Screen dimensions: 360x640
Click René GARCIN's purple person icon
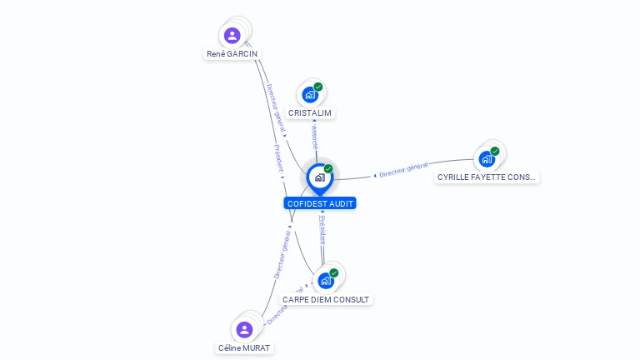tap(232, 35)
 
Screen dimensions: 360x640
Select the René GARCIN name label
tap(232, 54)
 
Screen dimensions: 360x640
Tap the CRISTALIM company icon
tap(310, 95)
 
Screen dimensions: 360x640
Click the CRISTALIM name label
tap(310, 113)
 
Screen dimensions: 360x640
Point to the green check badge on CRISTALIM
tap(318, 87)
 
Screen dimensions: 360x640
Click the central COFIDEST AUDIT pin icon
tap(319, 177)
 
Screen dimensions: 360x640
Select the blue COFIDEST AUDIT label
tap(320, 203)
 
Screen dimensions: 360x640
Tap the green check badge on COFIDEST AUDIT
tap(328, 168)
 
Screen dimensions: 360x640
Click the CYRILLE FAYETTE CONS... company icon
tap(487, 159)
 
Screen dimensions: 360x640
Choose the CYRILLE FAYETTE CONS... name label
tap(487, 177)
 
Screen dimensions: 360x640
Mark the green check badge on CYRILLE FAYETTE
tap(495, 151)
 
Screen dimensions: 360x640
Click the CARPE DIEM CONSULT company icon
tap(326, 281)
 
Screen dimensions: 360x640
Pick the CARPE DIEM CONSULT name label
tap(326, 299)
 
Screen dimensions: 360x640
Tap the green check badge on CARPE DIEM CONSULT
tap(334, 272)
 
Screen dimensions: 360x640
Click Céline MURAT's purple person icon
tap(244, 329)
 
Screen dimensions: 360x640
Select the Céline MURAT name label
tap(244, 347)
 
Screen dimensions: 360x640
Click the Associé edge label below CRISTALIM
tap(315, 137)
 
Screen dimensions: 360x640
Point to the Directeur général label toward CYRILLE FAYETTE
tap(403, 170)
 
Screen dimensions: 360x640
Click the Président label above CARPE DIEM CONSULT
tap(322, 230)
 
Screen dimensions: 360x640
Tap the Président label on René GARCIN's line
tap(279, 157)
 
